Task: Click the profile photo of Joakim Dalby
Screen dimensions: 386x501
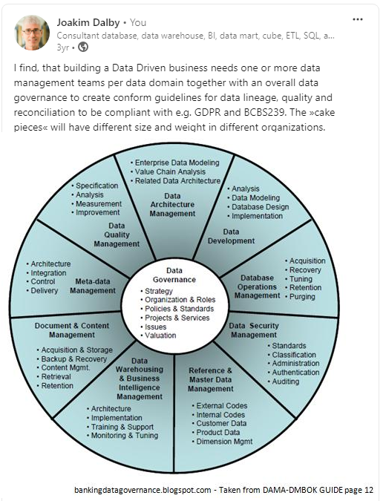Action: pos(32,33)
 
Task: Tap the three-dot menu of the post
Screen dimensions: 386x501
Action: pos(358,19)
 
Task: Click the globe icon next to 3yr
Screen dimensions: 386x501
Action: pos(83,47)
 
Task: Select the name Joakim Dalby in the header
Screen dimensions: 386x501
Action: pos(88,22)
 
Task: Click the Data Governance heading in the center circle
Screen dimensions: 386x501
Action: pos(174,275)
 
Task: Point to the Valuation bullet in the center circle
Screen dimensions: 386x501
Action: pos(159,335)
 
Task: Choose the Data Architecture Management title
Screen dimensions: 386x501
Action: pos(172,205)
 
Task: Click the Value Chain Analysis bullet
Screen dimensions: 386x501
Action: pos(168,172)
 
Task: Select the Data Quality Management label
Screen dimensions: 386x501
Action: pos(117,235)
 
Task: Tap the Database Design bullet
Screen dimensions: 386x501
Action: pos(258,207)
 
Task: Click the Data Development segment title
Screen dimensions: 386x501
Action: pos(231,237)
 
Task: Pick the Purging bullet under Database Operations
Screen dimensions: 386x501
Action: pos(301,297)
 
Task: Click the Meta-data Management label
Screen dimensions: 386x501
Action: pos(93,286)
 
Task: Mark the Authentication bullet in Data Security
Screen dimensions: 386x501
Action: pos(294,373)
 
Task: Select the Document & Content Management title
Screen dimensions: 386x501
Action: pos(72,330)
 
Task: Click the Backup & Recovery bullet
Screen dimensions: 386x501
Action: pos(72,359)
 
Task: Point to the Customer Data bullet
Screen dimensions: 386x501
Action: pos(219,423)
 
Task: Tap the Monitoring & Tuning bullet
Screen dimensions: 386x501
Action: pos(122,436)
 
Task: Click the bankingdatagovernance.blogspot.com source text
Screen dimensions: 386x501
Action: pos(143,490)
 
